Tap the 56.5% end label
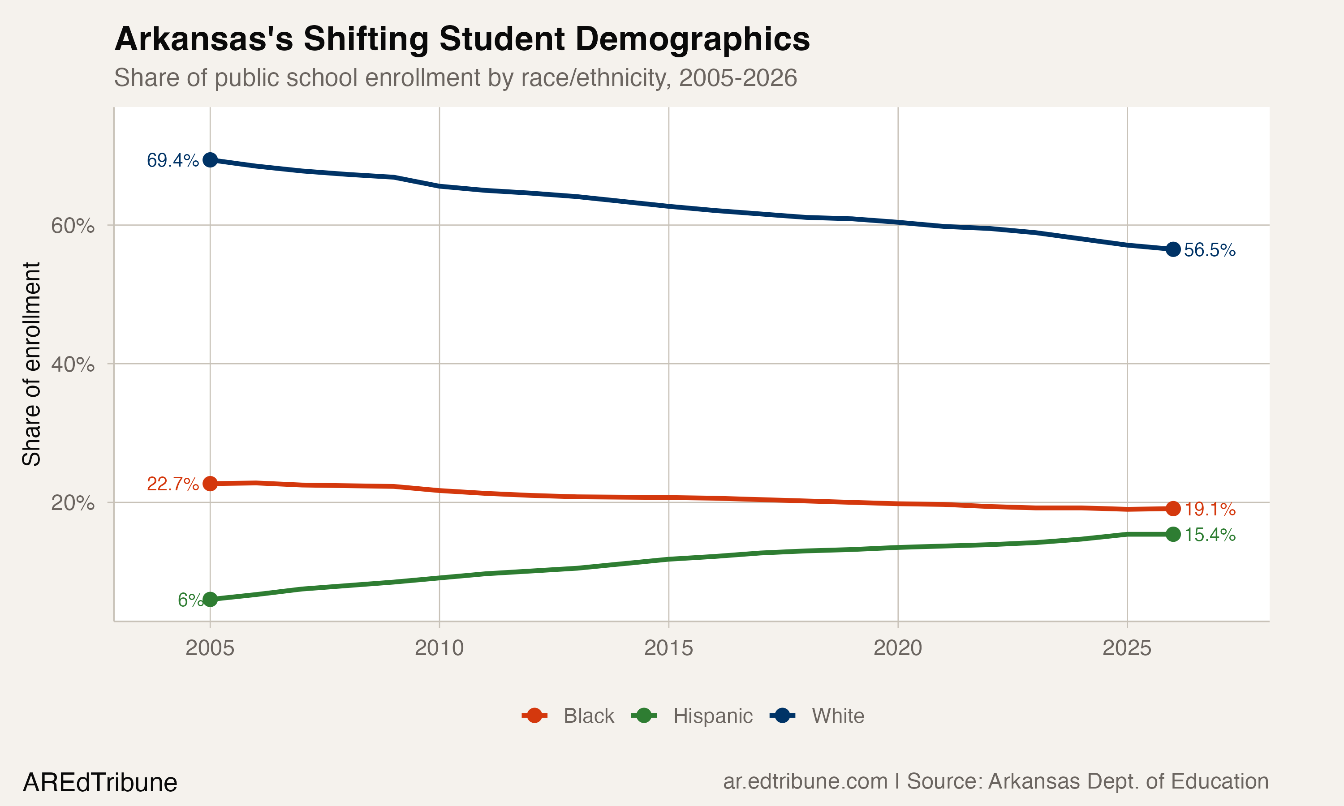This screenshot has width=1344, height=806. coord(1209,250)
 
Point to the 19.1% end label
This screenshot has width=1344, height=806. coord(1209,510)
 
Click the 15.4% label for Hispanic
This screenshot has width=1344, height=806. coord(1209,535)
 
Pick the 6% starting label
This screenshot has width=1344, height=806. coord(190,600)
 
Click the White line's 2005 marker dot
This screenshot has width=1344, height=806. coord(210,160)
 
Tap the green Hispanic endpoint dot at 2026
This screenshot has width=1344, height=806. coord(1173,535)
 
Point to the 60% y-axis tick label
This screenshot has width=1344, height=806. coord(73,225)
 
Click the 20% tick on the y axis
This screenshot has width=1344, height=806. coord(73,503)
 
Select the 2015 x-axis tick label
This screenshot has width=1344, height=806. coord(668,648)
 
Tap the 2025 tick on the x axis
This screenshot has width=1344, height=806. coord(1127,648)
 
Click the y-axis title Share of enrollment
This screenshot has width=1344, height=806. coord(31,364)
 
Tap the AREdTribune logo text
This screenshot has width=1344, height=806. coord(100,783)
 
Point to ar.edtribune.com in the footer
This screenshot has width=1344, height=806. coord(805,781)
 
